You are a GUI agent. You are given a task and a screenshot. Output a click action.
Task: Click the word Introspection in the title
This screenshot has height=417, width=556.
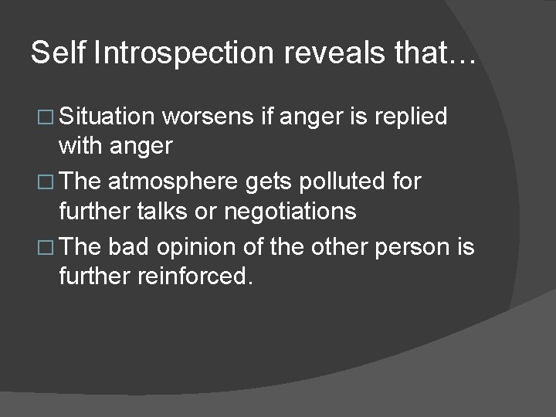[184, 53]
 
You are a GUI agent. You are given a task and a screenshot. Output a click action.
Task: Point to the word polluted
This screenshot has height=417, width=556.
[351, 183]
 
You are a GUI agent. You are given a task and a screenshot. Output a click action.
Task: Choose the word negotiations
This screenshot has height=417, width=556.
[290, 211]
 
